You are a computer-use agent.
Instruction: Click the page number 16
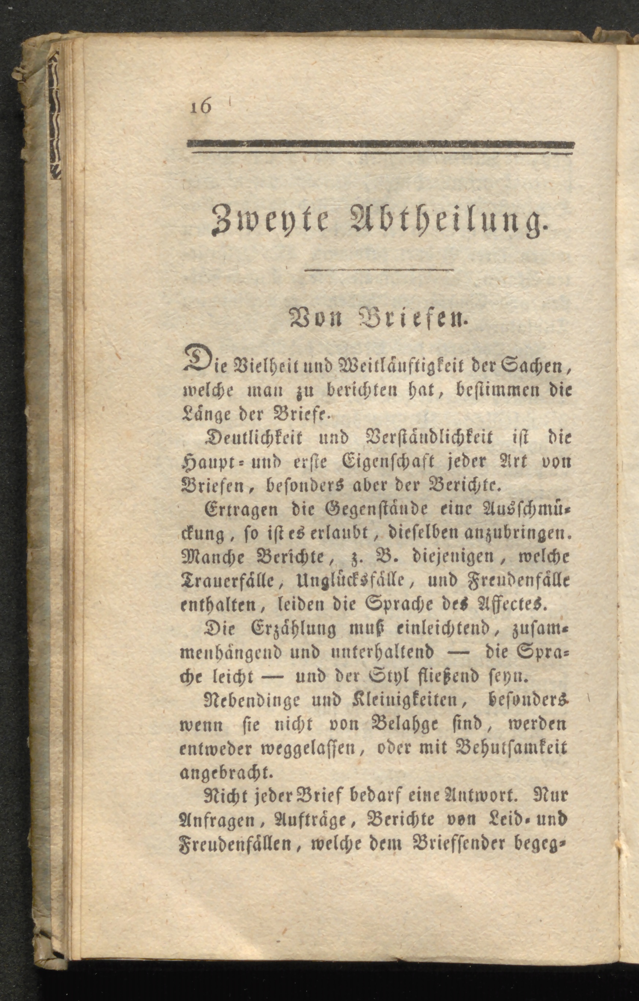coord(201,107)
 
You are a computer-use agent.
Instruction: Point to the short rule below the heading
coord(379,271)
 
